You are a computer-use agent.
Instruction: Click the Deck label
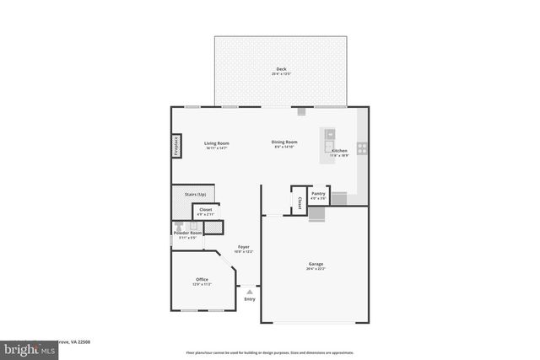pyautogui.click(x=281, y=68)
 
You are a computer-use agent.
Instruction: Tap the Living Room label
pyautogui.click(x=217, y=142)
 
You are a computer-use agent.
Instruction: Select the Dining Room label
pyautogui.click(x=284, y=142)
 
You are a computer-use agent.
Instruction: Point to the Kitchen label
pyautogui.click(x=339, y=151)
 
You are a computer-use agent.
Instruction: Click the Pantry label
pyautogui.click(x=318, y=194)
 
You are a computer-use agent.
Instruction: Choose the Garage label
pyautogui.click(x=315, y=264)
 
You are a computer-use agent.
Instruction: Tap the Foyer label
pyautogui.click(x=243, y=246)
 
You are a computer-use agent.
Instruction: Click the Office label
pyautogui.click(x=202, y=279)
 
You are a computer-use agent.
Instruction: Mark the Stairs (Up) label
pyautogui.click(x=196, y=194)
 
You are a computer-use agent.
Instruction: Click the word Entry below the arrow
pyautogui.click(x=250, y=299)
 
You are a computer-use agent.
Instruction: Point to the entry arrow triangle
pyautogui.click(x=250, y=291)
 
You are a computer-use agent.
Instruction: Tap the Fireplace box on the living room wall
pyautogui.click(x=177, y=146)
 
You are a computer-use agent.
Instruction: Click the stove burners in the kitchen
pyautogui.click(x=362, y=147)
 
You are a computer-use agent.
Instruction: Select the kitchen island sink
pyautogui.click(x=330, y=134)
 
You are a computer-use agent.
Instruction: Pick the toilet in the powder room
pyautogui.click(x=178, y=226)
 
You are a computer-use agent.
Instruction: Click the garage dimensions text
pyautogui.click(x=315, y=269)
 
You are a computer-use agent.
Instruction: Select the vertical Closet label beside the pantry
pyautogui.click(x=300, y=203)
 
